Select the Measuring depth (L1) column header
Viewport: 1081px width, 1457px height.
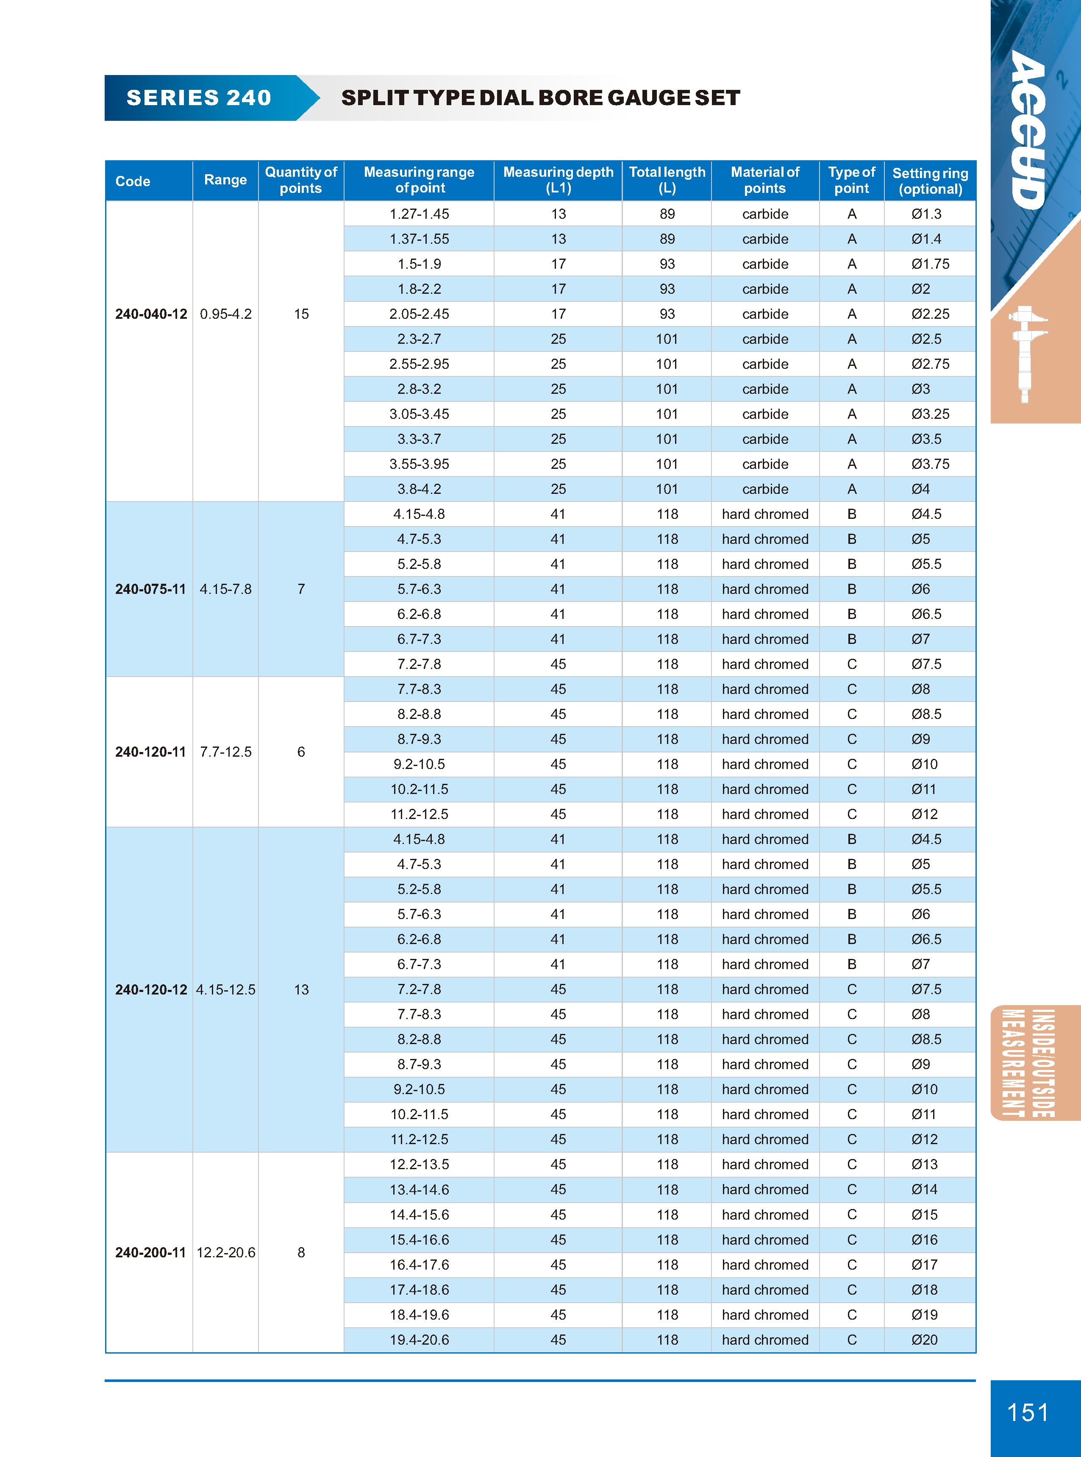click(x=558, y=180)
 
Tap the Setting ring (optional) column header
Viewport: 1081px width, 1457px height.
click(x=930, y=181)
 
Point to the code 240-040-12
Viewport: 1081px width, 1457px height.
click(x=151, y=314)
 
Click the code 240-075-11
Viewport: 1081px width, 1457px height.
click(x=150, y=589)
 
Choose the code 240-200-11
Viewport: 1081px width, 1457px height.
click(x=150, y=1252)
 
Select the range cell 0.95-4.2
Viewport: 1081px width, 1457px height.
click(x=226, y=314)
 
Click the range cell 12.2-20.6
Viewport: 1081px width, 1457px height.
click(x=226, y=1252)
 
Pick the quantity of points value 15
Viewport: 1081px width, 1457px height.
click(x=301, y=314)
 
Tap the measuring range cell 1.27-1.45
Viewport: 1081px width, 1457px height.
click(x=420, y=214)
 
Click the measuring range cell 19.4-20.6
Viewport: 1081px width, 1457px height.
click(x=420, y=1340)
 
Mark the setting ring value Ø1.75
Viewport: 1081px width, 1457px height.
click(x=930, y=264)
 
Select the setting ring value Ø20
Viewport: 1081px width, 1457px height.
click(x=925, y=1340)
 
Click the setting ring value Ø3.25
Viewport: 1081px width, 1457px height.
click(x=930, y=414)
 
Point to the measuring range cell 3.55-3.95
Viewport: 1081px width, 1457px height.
click(x=420, y=464)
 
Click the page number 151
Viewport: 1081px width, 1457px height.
click(x=1027, y=1412)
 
